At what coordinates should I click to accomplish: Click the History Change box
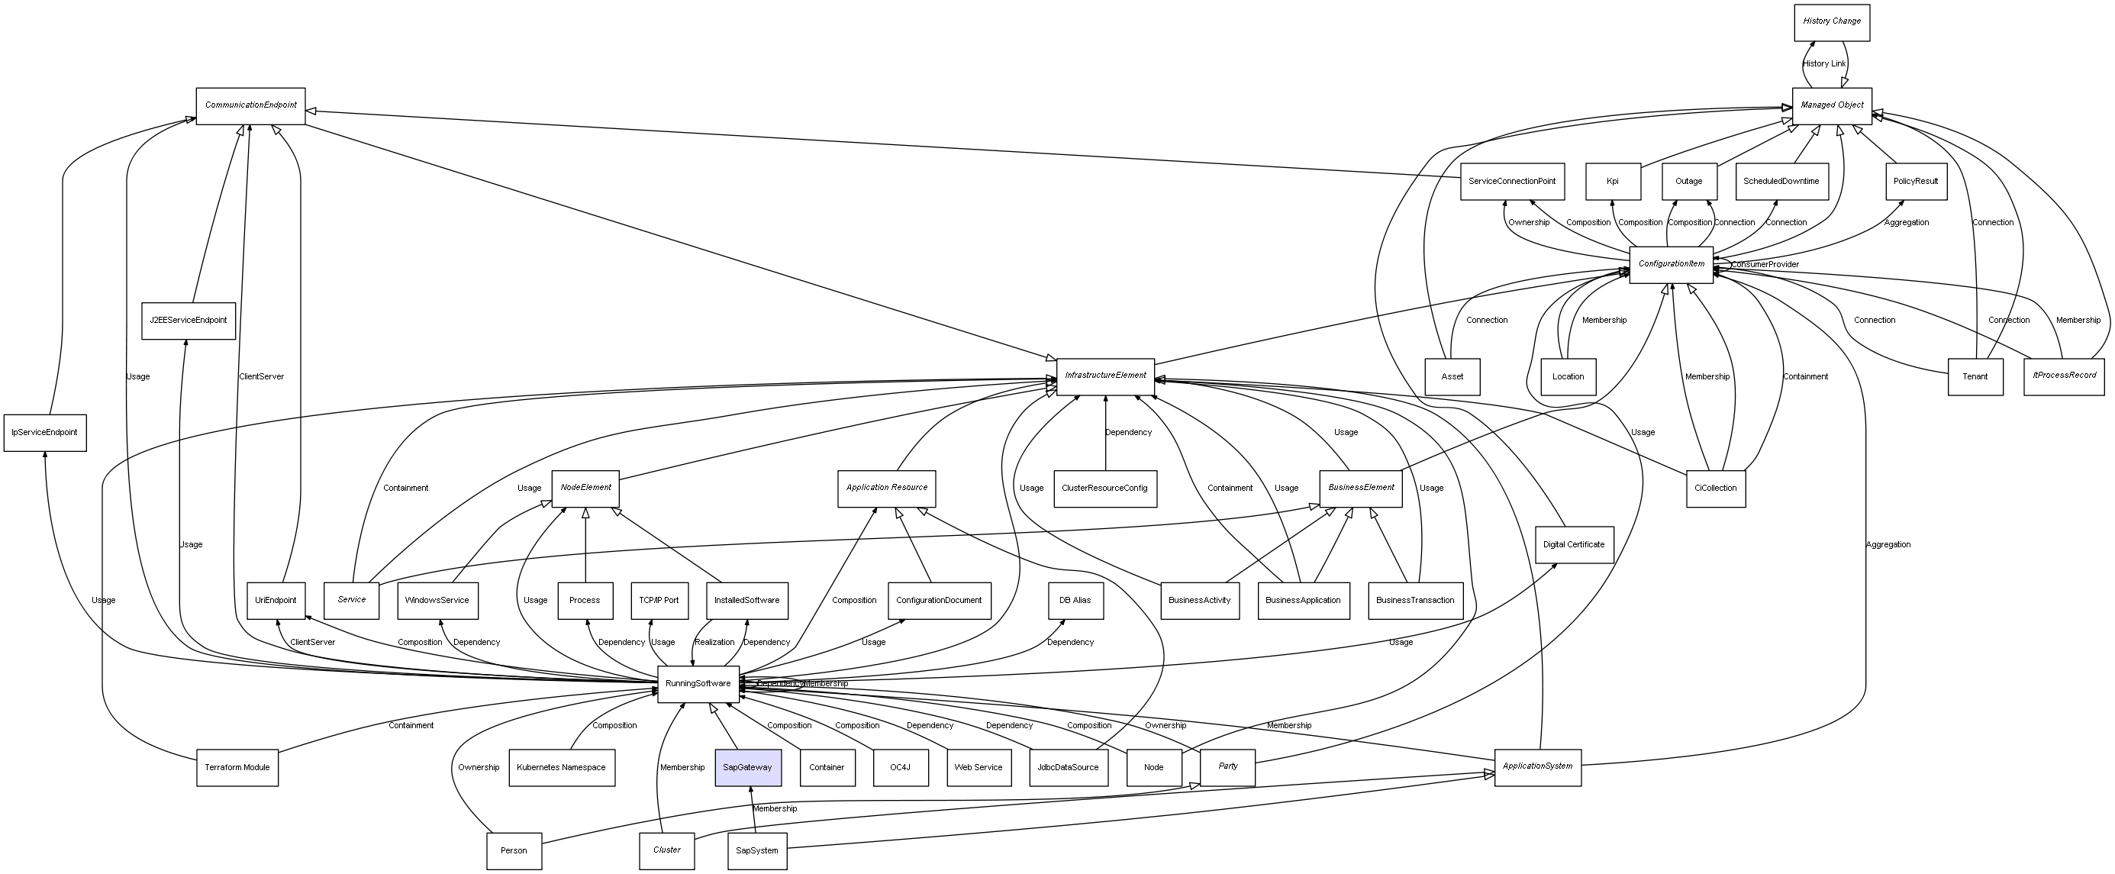1831,22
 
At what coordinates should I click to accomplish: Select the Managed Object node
1831,106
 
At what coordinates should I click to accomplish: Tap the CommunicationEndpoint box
250,106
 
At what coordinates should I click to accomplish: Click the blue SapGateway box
747,767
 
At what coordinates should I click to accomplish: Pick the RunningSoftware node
698,683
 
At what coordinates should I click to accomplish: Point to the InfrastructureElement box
1105,376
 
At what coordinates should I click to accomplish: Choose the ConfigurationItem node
1671,265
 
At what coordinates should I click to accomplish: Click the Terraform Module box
237,767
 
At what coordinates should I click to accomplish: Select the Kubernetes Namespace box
562,767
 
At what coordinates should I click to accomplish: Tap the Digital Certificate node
1573,544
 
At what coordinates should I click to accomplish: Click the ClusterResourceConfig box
1104,489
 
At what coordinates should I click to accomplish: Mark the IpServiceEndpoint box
45,433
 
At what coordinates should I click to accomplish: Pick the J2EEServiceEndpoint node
188,321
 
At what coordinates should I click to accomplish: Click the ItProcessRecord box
2064,376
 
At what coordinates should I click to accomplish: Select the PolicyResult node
1916,182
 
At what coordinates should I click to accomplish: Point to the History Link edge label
1823,64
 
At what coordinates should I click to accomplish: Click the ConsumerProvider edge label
1765,265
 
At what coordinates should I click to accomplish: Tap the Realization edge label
714,643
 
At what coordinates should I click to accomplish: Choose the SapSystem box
757,851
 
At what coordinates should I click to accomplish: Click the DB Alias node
1075,601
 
